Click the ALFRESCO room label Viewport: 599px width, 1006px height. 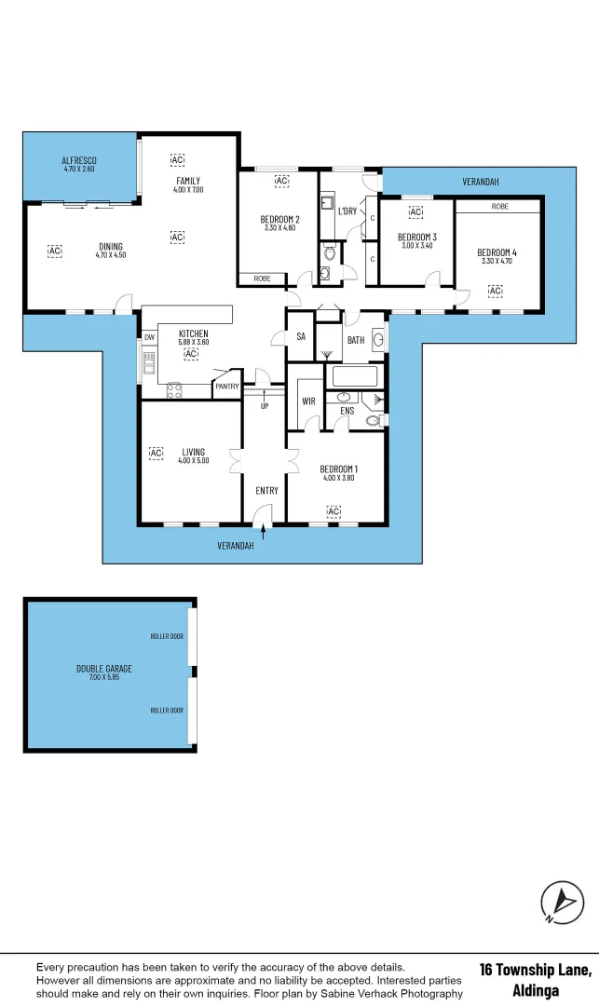(79, 160)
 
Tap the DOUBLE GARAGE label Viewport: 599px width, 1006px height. (103, 668)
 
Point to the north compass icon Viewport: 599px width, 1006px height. (562, 902)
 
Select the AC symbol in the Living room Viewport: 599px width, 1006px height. (156, 453)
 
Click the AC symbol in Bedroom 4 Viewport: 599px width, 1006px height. (494, 291)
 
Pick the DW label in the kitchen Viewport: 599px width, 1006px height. (149, 337)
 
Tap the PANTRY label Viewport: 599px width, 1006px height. (226, 386)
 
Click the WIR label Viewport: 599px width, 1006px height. (307, 401)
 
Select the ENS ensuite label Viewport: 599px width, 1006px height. (347, 411)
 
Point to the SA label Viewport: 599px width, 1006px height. (301, 337)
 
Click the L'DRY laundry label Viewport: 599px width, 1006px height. (347, 211)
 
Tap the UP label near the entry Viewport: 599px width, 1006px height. (265, 406)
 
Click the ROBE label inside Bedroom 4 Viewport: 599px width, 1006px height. (499, 206)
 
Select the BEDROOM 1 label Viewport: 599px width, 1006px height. (337, 469)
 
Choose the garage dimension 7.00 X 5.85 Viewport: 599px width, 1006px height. (103, 677)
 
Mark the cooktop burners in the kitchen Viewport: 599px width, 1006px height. (172, 390)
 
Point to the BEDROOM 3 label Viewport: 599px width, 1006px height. (416, 237)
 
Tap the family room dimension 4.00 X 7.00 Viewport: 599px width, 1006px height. (187, 190)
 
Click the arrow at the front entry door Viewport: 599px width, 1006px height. (265, 531)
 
